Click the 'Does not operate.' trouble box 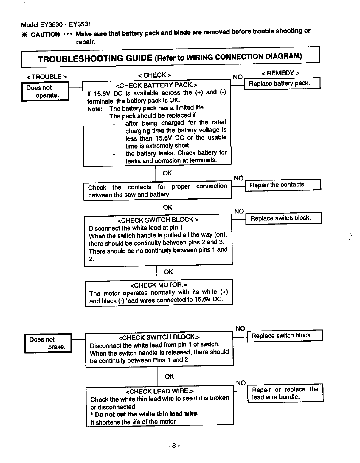tap(45, 91)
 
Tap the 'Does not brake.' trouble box tap(48, 343)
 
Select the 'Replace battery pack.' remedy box tap(282, 84)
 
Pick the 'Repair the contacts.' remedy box tap(283, 185)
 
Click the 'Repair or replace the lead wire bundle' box tap(285, 393)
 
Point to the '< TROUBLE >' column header tap(46, 77)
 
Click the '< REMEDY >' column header tap(280, 73)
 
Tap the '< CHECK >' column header tap(154, 75)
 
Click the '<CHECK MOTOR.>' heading tap(159, 285)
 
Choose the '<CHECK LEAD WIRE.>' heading tap(160, 391)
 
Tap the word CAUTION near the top tap(45, 35)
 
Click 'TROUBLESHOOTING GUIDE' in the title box tap(95, 58)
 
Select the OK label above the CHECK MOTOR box tap(168, 272)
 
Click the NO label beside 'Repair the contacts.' tap(238, 178)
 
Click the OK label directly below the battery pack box tap(167, 173)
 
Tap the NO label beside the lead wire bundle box tap(241, 383)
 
